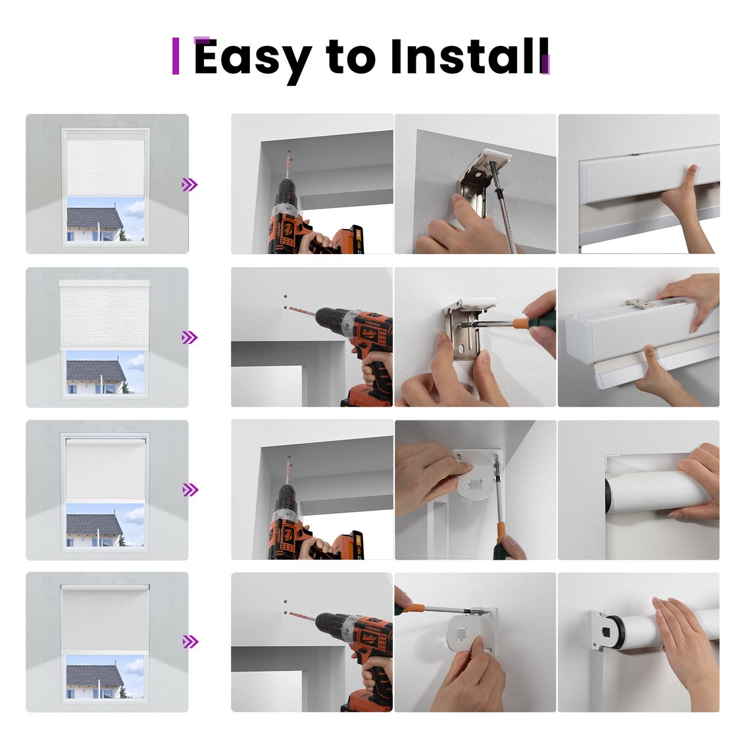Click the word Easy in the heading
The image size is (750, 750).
253,58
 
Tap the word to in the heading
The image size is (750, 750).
350,57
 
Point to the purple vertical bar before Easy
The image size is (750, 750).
176,57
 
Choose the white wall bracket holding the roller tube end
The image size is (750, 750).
597,632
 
